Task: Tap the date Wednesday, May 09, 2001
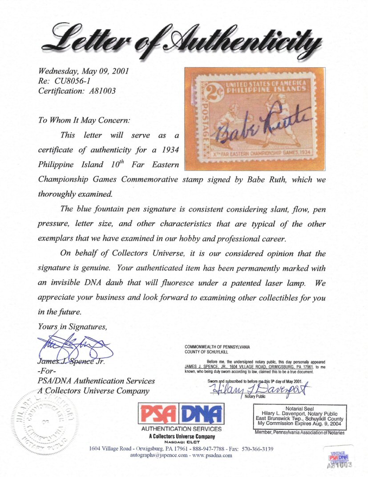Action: (84, 71)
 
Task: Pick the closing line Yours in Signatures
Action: (73, 326)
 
